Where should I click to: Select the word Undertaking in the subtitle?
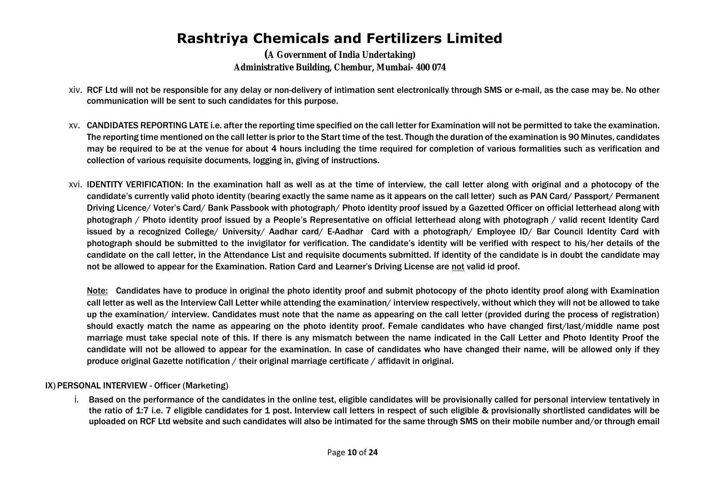pos(389,55)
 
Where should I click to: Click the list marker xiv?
pos(75,90)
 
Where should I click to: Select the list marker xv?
pos(74,125)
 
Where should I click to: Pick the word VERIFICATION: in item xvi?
pos(155,185)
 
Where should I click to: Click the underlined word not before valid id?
pos(458,267)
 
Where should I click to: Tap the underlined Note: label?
pos(97,291)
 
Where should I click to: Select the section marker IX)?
pos(50,386)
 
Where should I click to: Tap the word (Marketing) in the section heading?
pos(205,386)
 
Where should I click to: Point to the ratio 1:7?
pos(142,411)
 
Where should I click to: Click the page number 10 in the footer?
pos(352,452)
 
